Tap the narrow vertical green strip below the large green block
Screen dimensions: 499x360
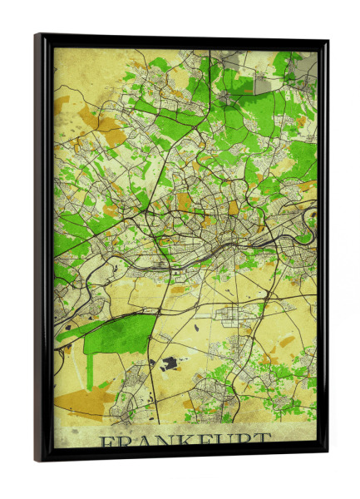pos(89,367)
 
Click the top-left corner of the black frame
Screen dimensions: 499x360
pos(37,36)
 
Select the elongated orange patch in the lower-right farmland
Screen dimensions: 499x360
pos(287,341)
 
